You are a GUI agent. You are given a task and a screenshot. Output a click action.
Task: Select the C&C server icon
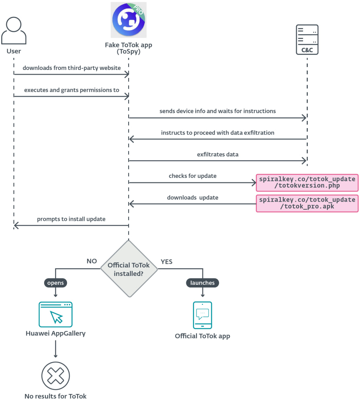pos(307,39)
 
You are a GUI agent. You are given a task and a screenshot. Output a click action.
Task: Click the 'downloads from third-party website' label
pos(72,68)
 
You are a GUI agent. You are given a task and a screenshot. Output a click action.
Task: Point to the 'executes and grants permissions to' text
pos(72,90)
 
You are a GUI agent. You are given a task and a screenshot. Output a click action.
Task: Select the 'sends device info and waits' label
pos(217,111)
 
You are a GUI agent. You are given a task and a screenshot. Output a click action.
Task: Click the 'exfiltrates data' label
pos(217,154)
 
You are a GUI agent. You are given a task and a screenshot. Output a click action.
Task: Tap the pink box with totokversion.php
pos(307,182)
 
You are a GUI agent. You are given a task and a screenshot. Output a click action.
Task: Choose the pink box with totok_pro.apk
pos(307,203)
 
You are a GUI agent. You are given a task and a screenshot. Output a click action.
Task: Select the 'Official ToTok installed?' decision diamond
pos(129,269)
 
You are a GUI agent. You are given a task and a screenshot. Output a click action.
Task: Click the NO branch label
pos(92,261)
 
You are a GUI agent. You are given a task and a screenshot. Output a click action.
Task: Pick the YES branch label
pos(166,261)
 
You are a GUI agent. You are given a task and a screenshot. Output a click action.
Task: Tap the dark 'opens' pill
pos(55,283)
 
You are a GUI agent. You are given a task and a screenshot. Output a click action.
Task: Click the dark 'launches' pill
pos(202,283)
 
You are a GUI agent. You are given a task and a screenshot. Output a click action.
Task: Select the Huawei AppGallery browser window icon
pos(55,314)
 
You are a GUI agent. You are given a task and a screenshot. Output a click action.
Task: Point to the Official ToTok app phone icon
pos(202,315)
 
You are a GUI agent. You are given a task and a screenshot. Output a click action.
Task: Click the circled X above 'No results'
pos(55,376)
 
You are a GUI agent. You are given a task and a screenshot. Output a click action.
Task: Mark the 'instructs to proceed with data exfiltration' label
pos(217,133)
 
